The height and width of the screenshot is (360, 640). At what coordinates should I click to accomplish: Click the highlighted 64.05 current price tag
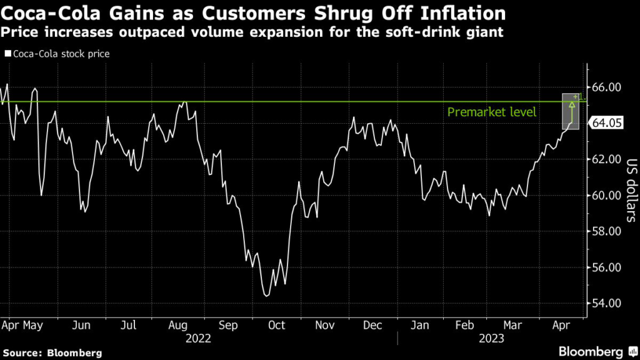coord(607,123)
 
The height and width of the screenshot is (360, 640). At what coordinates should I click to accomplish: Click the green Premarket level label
coord(492,112)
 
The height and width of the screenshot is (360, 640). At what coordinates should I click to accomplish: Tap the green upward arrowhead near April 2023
coord(571,104)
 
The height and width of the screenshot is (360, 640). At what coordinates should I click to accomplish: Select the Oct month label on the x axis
coord(276,325)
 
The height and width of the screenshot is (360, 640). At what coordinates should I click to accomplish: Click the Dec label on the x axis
coord(372,325)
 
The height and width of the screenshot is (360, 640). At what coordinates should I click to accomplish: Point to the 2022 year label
coord(198,338)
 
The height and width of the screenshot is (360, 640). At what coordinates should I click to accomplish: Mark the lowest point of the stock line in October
coord(267,296)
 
